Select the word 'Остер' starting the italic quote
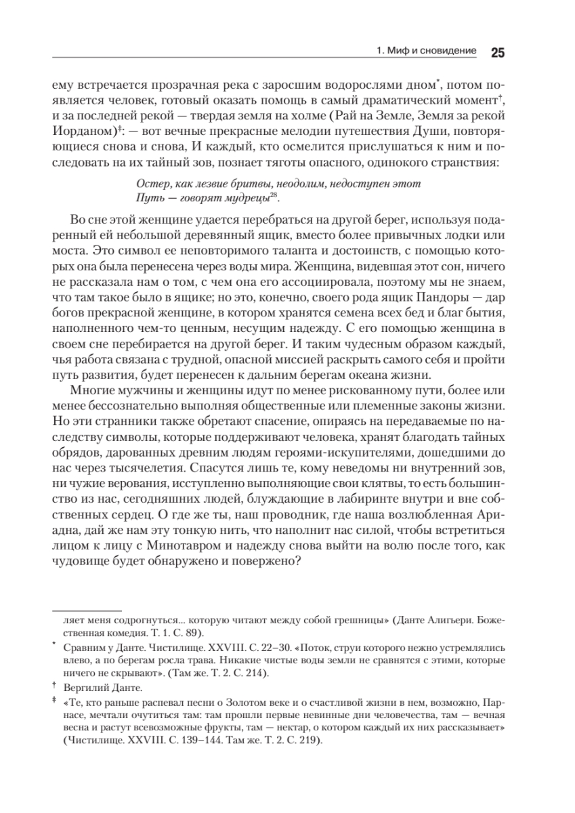click(150, 184)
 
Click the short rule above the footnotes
click(86, 609)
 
